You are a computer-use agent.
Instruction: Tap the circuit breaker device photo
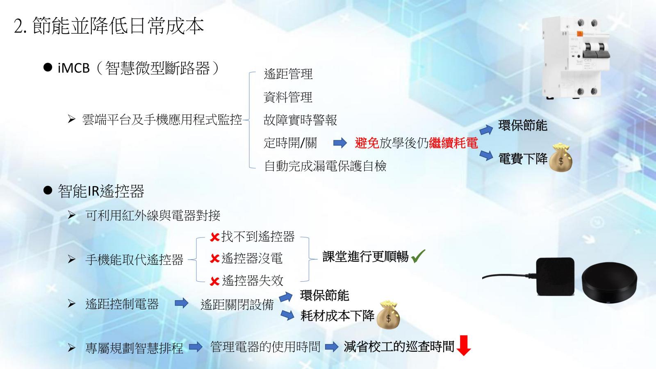click(x=576, y=58)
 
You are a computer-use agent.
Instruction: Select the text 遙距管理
click(x=288, y=74)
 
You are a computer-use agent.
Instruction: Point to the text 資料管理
click(x=288, y=97)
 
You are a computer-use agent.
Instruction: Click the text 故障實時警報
click(x=300, y=120)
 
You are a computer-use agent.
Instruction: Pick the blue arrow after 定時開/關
click(x=340, y=143)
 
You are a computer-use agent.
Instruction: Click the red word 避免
click(x=367, y=143)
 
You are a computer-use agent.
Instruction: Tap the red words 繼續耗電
click(x=453, y=143)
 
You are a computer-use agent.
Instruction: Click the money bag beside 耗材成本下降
click(x=388, y=315)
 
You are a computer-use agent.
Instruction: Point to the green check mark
click(x=418, y=256)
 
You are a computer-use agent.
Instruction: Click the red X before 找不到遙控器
click(x=215, y=237)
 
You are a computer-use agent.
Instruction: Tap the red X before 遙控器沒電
click(x=215, y=259)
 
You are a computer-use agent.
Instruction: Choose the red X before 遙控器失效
click(x=215, y=281)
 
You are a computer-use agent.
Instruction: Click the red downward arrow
click(x=463, y=346)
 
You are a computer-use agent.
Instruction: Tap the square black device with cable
click(x=555, y=277)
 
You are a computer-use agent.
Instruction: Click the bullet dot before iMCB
click(x=48, y=68)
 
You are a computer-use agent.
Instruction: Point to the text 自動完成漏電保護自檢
click(x=325, y=166)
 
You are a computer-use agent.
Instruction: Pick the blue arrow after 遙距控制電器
click(x=182, y=303)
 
